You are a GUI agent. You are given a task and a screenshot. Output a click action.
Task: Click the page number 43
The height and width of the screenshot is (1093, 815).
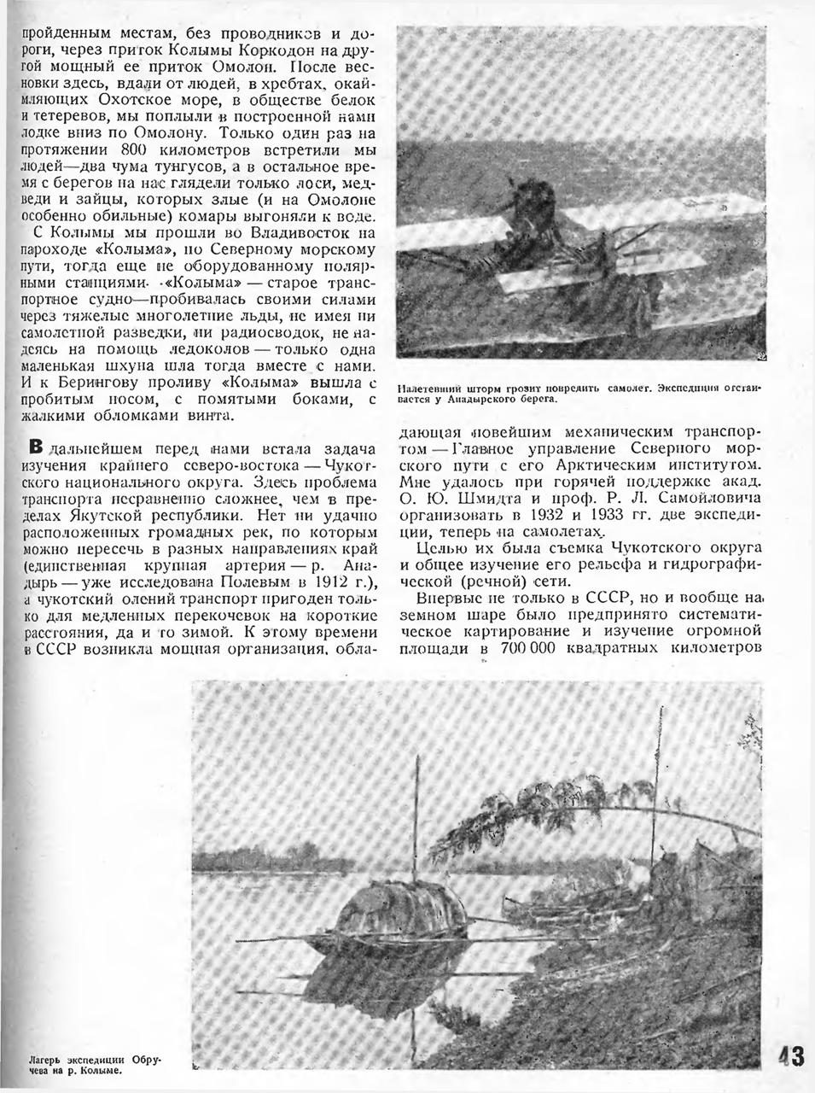(791, 1056)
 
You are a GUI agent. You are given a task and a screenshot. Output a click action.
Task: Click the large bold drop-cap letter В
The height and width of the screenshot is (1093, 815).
(36, 447)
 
